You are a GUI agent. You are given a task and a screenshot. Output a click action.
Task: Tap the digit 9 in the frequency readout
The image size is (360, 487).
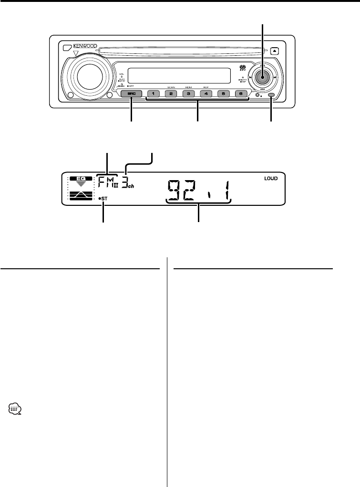(x=176, y=189)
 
